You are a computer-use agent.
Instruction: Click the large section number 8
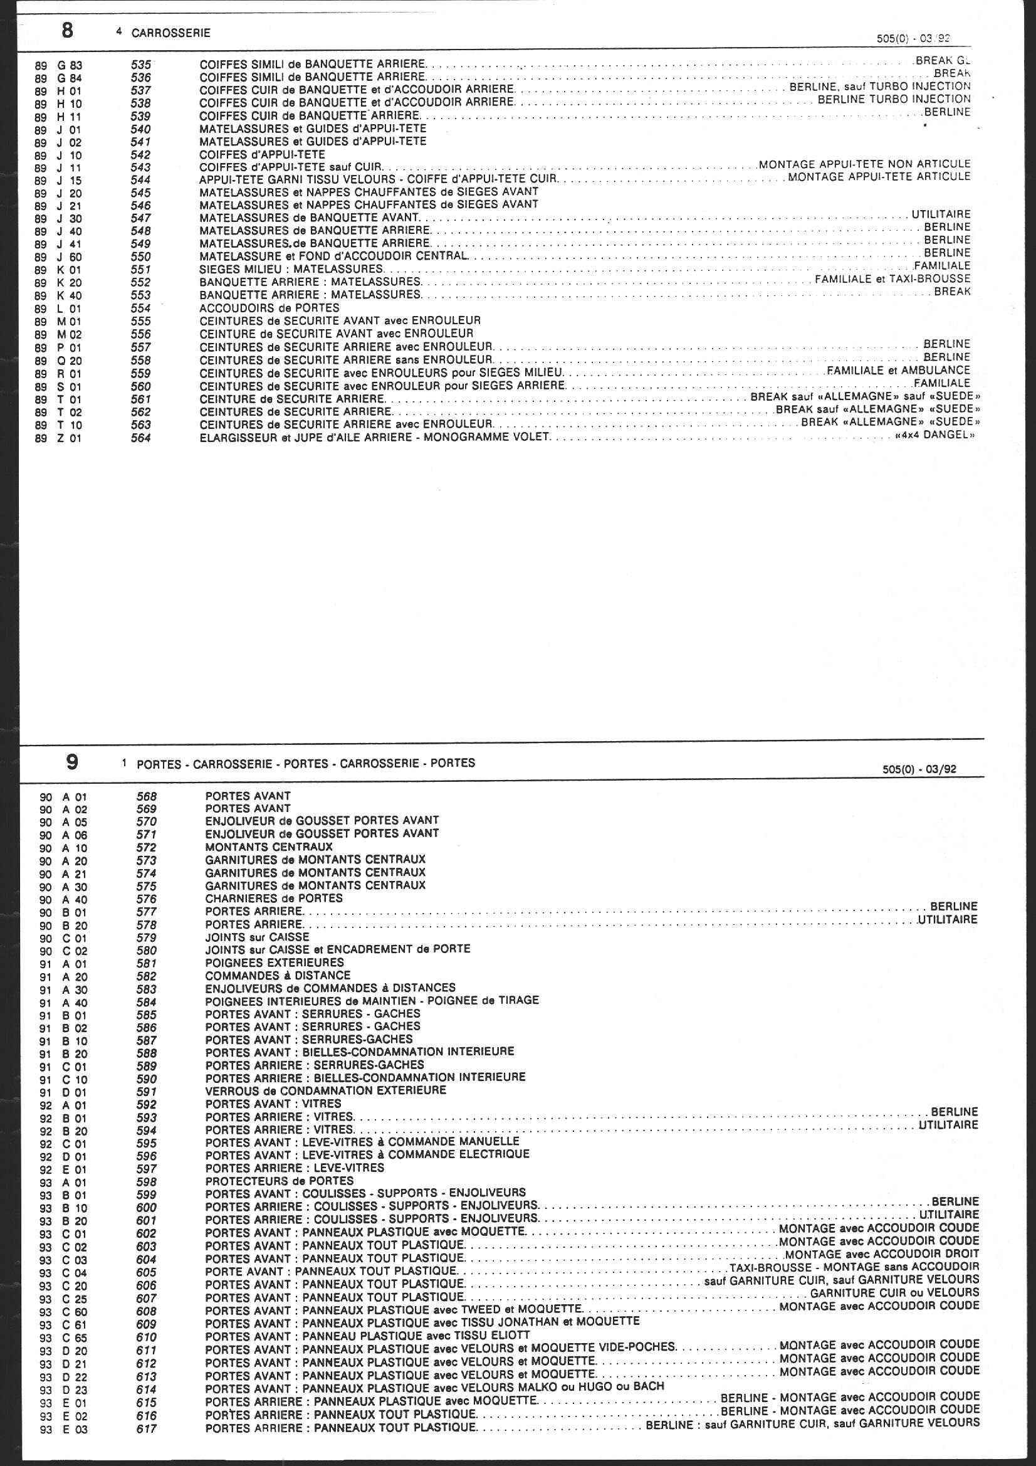(67, 31)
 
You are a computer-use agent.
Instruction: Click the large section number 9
(72, 762)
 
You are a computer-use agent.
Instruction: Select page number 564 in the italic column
(140, 438)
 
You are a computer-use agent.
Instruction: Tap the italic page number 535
(140, 65)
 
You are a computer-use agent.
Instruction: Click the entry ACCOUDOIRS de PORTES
(269, 308)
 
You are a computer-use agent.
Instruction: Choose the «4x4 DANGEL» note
(935, 435)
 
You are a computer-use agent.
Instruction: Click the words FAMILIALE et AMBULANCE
(898, 371)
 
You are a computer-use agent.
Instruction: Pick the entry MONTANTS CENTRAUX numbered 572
(269, 846)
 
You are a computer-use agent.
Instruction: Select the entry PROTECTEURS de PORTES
(279, 1181)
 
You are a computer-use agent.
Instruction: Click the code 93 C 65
(63, 1337)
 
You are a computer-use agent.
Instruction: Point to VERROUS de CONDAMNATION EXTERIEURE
(325, 1090)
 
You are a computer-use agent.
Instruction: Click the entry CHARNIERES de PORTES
(274, 898)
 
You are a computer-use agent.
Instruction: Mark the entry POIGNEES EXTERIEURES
(275, 962)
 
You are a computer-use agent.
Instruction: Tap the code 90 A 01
(63, 797)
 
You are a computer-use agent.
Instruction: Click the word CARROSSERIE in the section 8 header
(170, 33)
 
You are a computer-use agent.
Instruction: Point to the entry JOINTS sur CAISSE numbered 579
(257, 937)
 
